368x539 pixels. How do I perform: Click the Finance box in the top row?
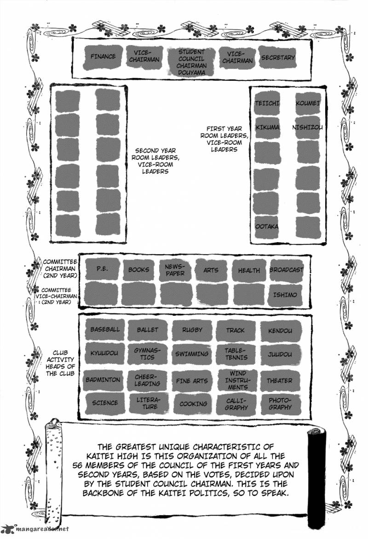(103, 57)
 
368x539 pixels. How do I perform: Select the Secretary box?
(277, 57)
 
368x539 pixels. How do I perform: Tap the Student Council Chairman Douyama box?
(191, 62)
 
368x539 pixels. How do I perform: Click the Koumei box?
(308, 104)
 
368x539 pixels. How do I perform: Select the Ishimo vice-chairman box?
(285, 295)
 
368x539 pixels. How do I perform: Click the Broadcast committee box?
(286, 270)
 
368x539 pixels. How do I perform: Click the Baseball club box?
(105, 329)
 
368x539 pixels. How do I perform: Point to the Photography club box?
(280, 403)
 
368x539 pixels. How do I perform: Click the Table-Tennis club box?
(236, 354)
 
